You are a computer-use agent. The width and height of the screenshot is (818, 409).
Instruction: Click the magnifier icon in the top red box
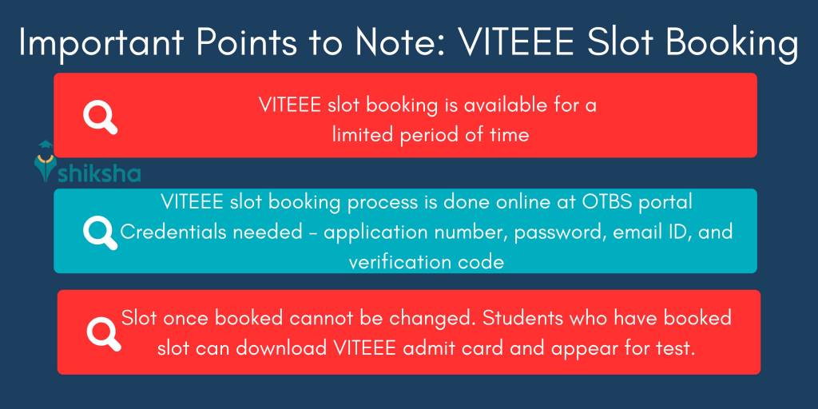[x=100, y=117]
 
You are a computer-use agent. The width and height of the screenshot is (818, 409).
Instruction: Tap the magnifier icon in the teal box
[x=100, y=232]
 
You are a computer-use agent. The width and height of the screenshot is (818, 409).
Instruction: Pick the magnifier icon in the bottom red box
[x=103, y=332]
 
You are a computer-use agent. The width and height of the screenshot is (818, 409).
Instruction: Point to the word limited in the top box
[x=364, y=134]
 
